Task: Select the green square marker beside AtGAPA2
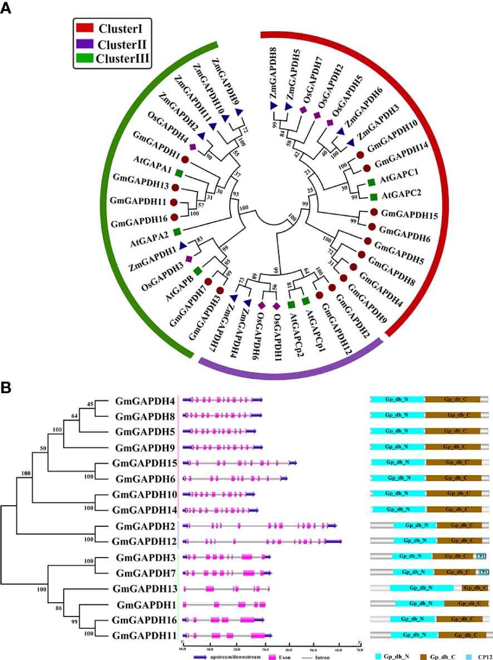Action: [x=177, y=231]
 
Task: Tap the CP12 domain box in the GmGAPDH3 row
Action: [x=482, y=556]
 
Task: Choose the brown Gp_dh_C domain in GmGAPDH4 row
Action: [x=452, y=399]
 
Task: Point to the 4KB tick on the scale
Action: [x=288, y=648]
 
